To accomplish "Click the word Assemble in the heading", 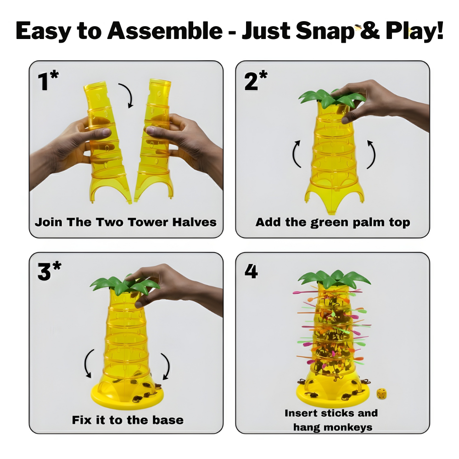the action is [x=165, y=31].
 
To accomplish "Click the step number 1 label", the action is [x=48, y=80].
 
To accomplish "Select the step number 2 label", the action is [x=256, y=80].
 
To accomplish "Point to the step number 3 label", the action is [x=49, y=271].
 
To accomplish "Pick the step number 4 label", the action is [x=251, y=271].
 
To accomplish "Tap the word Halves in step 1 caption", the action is [x=194, y=222].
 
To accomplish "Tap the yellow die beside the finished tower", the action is [x=382, y=393].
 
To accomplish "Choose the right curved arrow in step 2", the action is [x=373, y=154].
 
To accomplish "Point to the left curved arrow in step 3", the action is [x=87, y=363].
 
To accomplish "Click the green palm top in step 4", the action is [x=334, y=278].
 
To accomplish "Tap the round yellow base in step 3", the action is [x=127, y=395].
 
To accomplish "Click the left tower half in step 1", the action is [x=107, y=140].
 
